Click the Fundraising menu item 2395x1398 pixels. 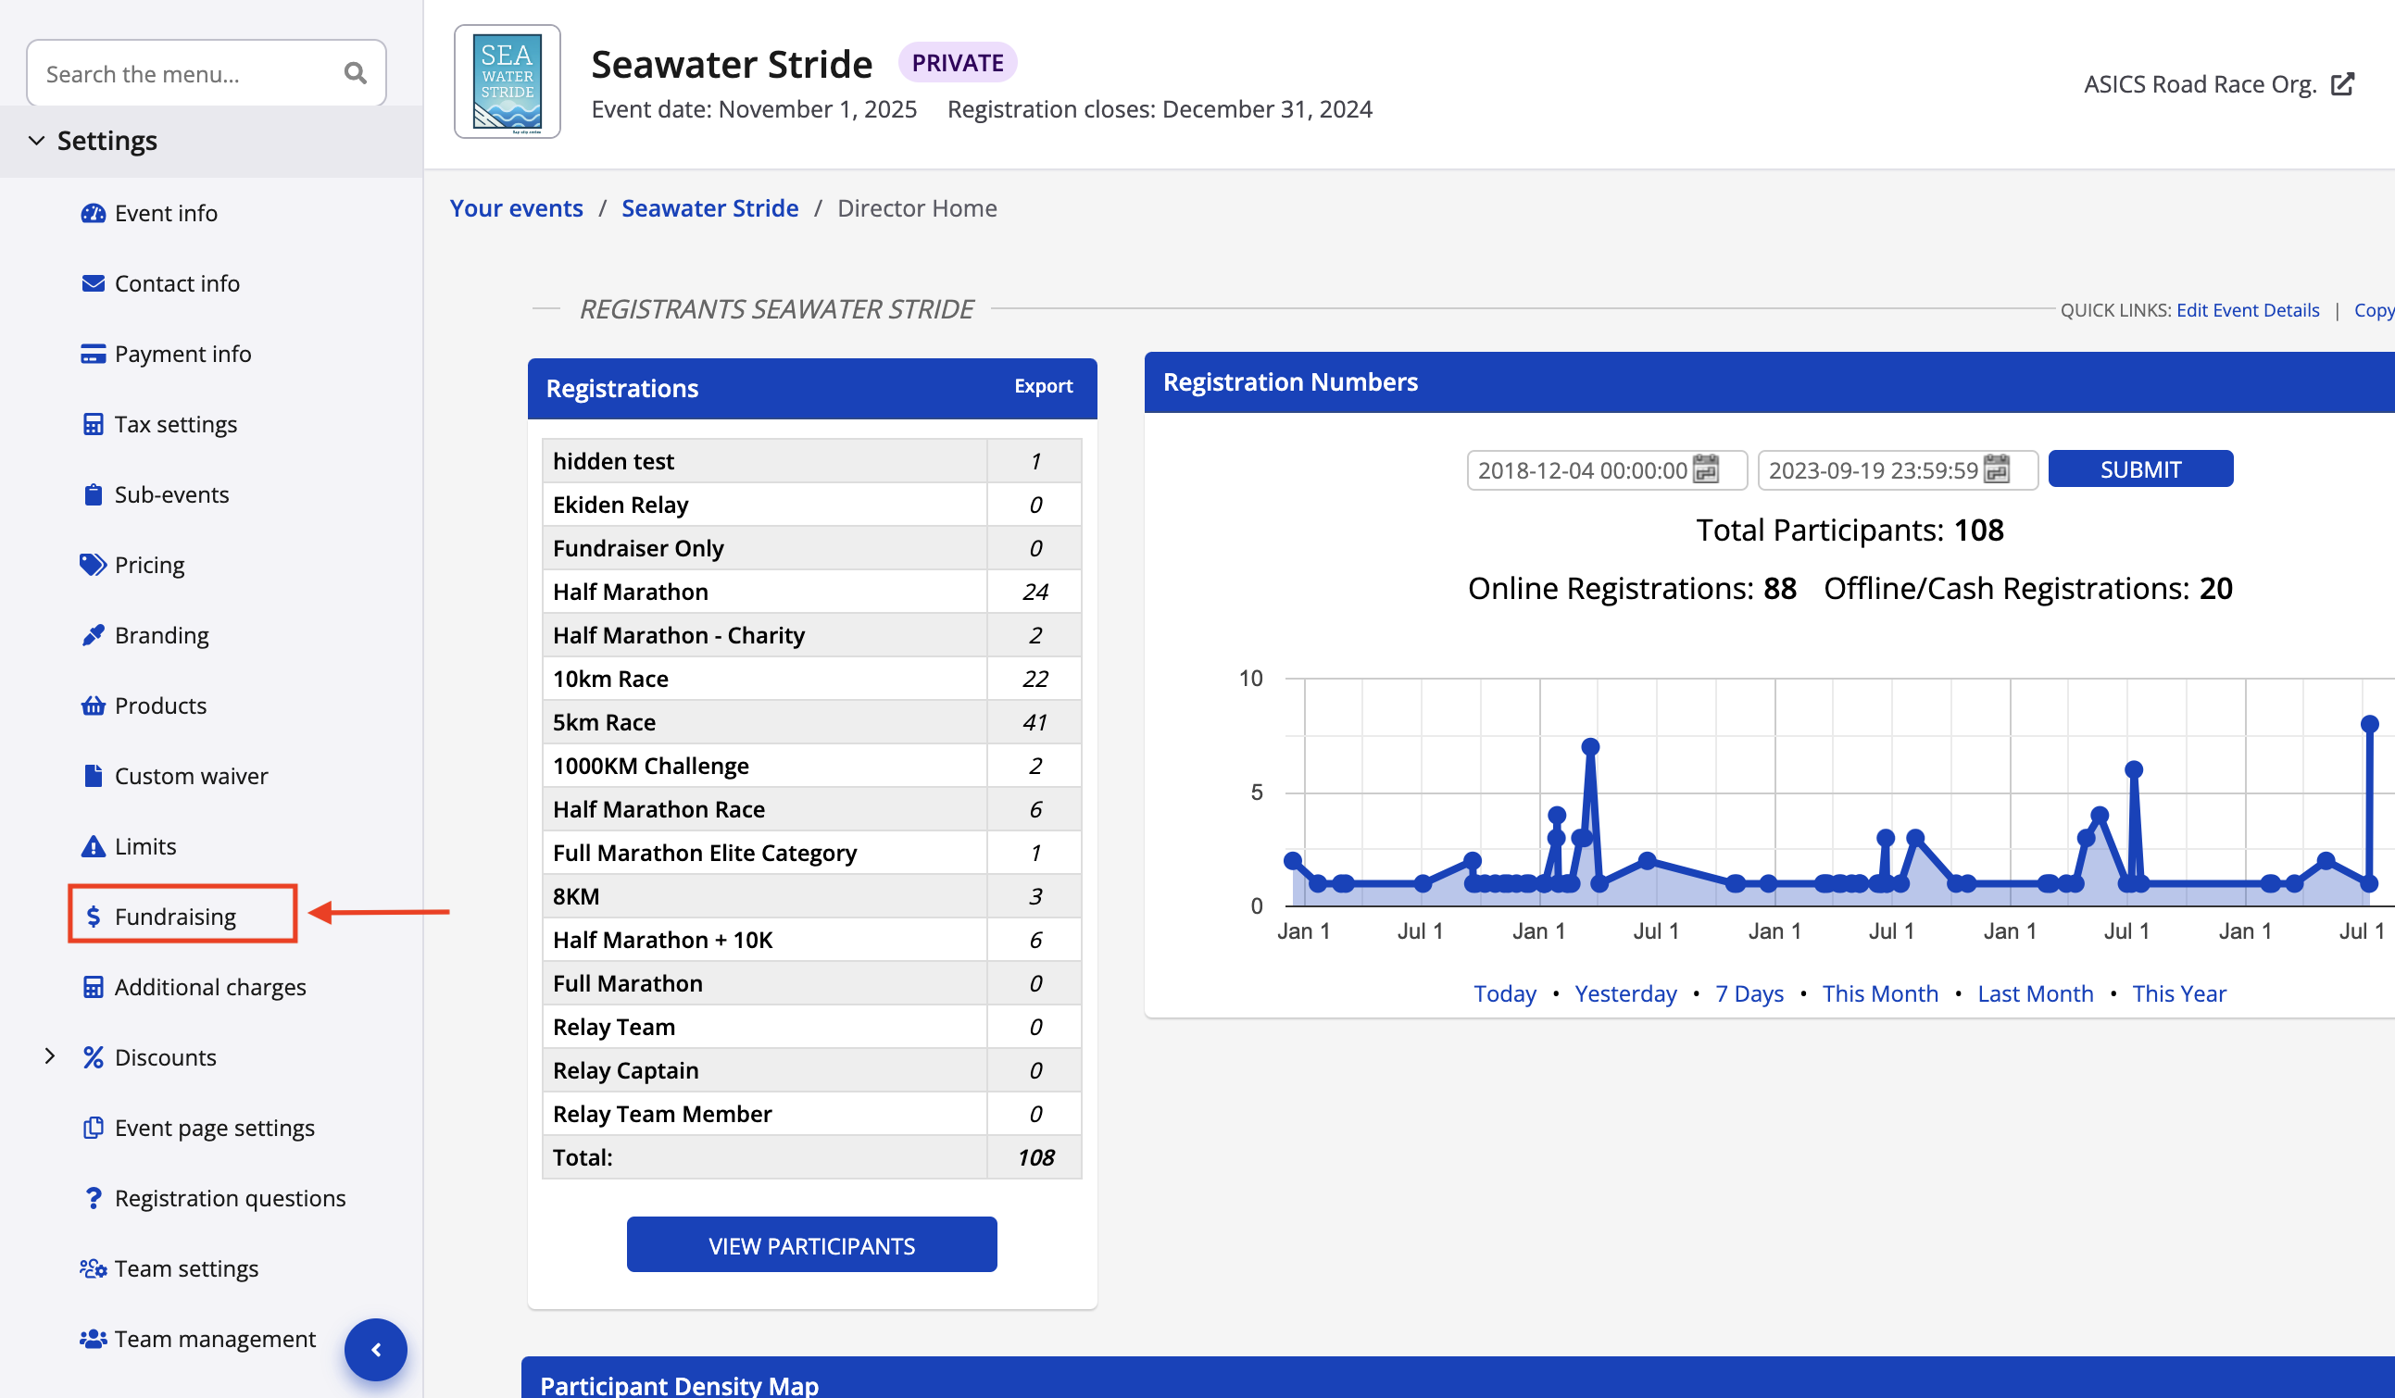pyautogui.click(x=175, y=916)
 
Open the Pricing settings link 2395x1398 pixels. pyautogui.click(x=149, y=565)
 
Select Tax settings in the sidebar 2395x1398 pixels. pyautogui.click(x=175, y=424)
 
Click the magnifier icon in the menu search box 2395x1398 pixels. pyautogui.click(x=356, y=73)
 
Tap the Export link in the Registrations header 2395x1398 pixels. pyautogui.click(x=1043, y=386)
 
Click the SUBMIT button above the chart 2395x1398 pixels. pyautogui.click(x=2139, y=469)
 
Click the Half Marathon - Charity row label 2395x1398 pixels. pyautogui.click(x=679, y=635)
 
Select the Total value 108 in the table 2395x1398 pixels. pyautogui.click(x=1035, y=1156)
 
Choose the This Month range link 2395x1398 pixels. pyautogui.click(x=1879, y=993)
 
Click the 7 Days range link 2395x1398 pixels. pyautogui.click(x=1749, y=993)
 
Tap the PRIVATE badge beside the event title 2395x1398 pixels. pyautogui.click(x=957, y=63)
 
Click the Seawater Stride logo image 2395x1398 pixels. pyautogui.click(x=507, y=81)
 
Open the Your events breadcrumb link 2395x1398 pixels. pyautogui.click(x=516, y=208)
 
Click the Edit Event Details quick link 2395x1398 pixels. pyautogui.click(x=2247, y=310)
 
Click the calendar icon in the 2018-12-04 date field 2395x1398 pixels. pyautogui.click(x=1705, y=469)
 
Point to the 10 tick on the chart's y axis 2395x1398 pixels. pyautogui.click(x=1249, y=679)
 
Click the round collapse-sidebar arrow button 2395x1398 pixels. pyautogui.click(x=375, y=1349)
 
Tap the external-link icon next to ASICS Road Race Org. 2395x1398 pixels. pyautogui.click(x=2343, y=84)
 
